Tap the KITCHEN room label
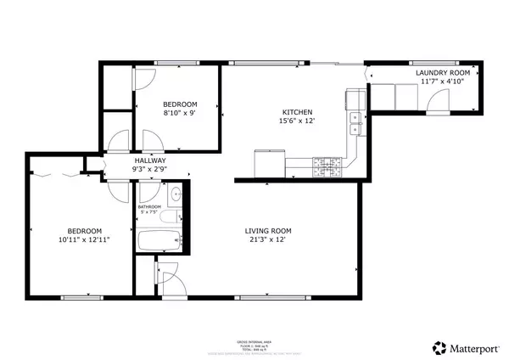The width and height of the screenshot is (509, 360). pos(298,112)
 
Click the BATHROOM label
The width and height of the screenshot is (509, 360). pos(150,206)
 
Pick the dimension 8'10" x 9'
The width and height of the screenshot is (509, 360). pos(180,112)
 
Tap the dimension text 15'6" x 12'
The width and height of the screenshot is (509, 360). pos(298,121)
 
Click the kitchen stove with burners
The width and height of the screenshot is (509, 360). pos(326,166)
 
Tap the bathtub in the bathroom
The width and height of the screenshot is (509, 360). pos(159,241)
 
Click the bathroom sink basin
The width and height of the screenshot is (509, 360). pos(176,195)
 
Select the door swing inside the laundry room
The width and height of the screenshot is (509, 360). pos(439,104)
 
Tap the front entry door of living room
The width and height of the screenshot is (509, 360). pos(166,279)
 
